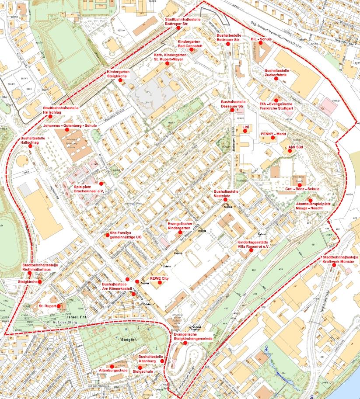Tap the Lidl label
245,127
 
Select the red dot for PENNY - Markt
272,138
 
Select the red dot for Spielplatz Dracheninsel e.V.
101,184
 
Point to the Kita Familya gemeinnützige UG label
126,235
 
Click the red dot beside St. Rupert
58,305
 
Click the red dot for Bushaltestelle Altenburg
162,361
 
